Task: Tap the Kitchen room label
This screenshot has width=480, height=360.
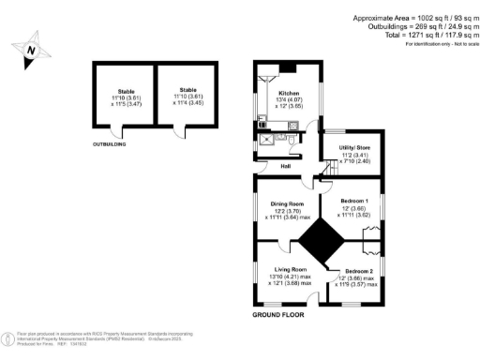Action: (287, 94)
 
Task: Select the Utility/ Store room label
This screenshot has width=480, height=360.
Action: (348, 147)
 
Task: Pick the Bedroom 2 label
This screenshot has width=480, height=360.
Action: (359, 270)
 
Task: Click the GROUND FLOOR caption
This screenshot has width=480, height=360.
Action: (281, 316)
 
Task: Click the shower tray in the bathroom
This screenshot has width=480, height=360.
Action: (268, 142)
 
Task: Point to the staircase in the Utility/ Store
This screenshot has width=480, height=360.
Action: (329, 168)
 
